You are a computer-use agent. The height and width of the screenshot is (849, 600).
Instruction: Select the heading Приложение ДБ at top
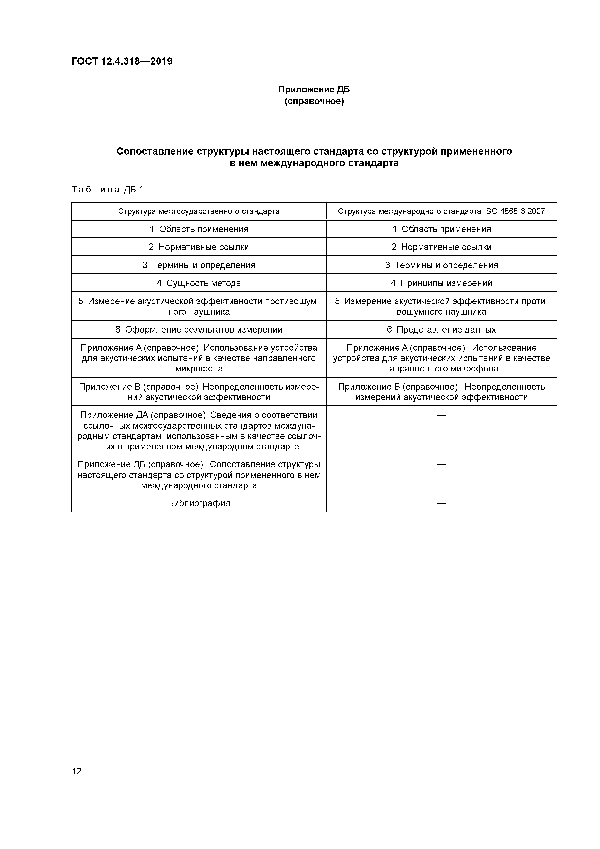click(x=314, y=90)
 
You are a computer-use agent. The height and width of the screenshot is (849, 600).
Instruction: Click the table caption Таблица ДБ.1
click(x=107, y=190)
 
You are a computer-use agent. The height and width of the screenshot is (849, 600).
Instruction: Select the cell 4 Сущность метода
click(x=199, y=283)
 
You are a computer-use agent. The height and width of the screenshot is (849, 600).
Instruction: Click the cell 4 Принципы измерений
click(x=441, y=283)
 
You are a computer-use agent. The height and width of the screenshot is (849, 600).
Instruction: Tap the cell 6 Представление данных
click(x=441, y=329)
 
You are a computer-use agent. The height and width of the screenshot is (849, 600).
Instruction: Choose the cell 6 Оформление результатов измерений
click(x=199, y=329)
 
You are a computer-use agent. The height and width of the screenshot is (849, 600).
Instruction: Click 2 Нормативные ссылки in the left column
click(x=199, y=247)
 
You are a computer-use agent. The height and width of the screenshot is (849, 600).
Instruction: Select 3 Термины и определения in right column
click(x=441, y=265)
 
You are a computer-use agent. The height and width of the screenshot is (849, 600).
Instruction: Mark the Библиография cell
click(x=199, y=503)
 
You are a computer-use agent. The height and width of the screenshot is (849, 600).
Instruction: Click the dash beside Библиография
click(x=441, y=503)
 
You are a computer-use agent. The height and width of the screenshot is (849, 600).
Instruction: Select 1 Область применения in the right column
click(x=441, y=229)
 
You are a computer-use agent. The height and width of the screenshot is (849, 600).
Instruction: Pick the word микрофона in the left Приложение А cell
click(x=199, y=369)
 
